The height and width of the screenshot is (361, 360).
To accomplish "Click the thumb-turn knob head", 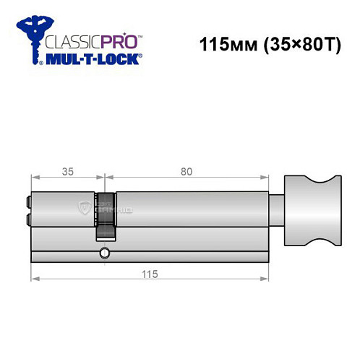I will tap(312, 209).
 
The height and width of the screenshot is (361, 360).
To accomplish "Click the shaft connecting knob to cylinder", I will tap(276, 209).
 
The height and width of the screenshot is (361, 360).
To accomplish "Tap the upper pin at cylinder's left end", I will tap(28, 204).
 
